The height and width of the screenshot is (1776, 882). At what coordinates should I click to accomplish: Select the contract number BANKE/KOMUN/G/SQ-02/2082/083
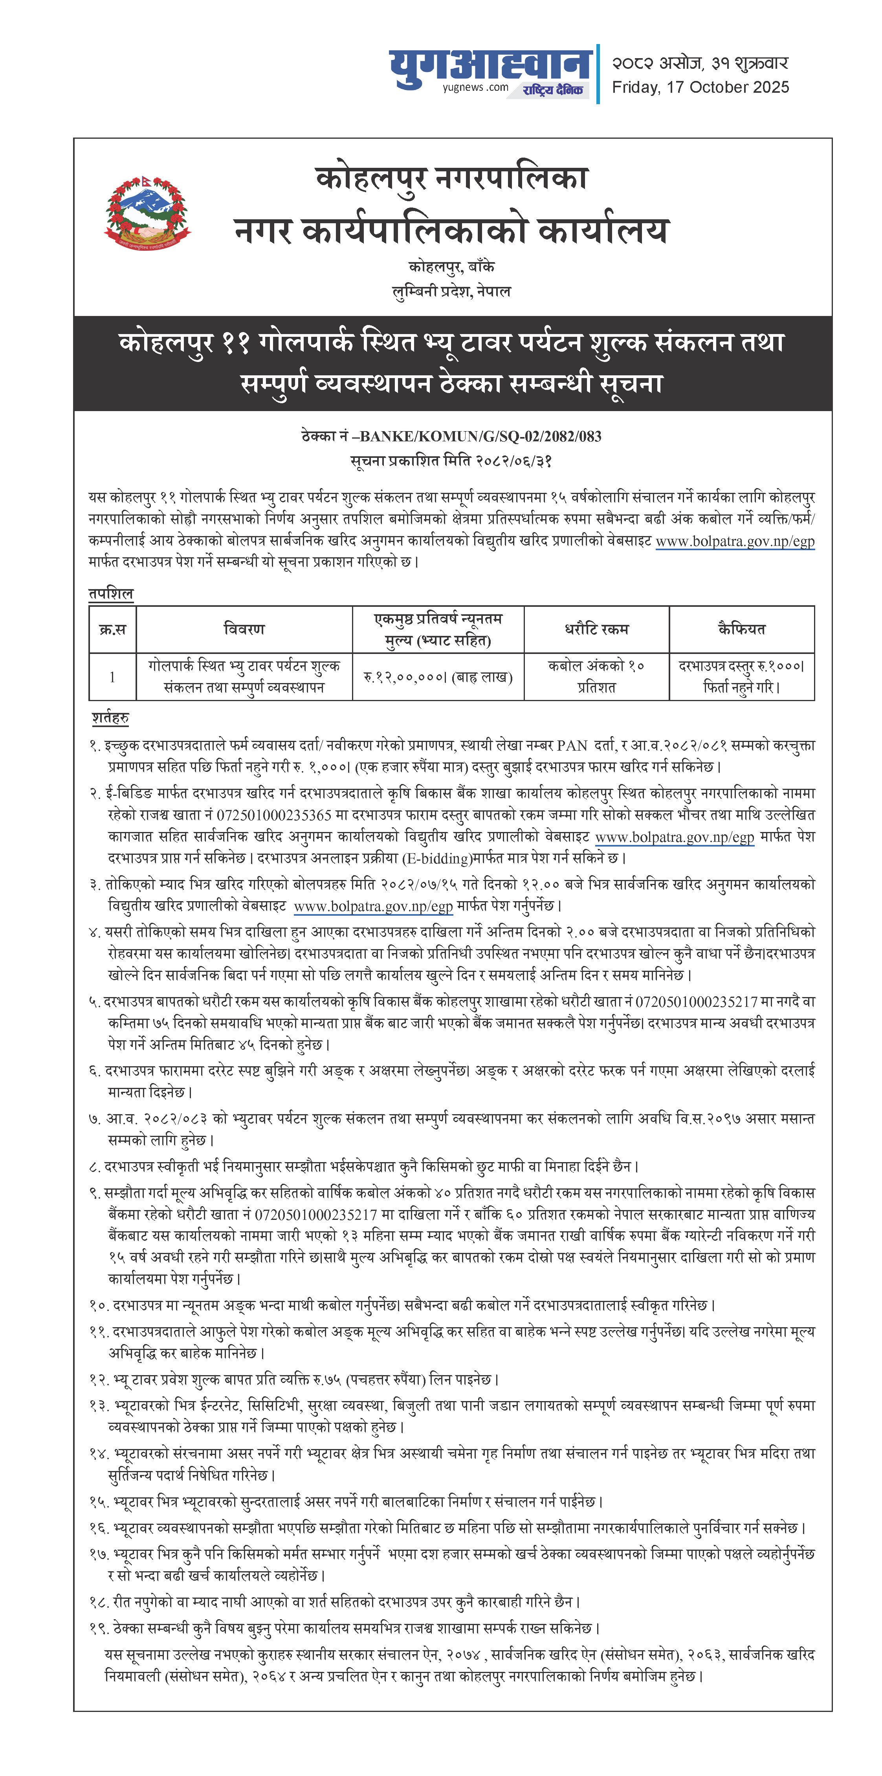point(480,436)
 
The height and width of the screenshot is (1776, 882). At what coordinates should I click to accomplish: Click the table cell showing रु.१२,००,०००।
point(438,677)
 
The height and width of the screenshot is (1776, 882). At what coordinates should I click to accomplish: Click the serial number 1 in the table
point(112,677)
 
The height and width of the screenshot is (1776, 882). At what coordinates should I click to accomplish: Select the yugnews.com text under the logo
point(475,88)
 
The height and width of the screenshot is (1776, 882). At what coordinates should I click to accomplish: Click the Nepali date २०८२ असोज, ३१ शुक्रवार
point(700,63)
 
